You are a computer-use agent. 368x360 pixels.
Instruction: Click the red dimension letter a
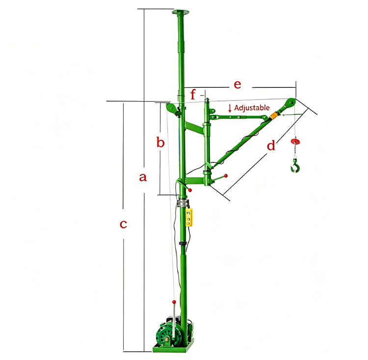click(x=143, y=178)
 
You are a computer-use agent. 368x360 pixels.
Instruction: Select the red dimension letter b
click(x=160, y=143)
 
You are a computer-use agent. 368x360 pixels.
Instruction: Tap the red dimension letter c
click(x=124, y=224)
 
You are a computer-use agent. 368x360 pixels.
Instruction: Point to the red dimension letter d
click(x=271, y=146)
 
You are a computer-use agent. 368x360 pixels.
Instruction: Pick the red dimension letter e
click(x=237, y=84)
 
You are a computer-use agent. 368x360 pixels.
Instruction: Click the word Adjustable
click(x=252, y=107)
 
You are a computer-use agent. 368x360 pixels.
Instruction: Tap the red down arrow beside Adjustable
click(x=230, y=107)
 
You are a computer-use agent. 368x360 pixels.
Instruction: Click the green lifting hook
click(x=294, y=166)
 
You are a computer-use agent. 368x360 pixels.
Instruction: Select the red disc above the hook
click(x=295, y=142)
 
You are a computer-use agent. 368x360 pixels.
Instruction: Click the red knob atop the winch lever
click(x=174, y=301)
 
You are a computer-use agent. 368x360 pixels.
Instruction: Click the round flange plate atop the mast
click(x=181, y=12)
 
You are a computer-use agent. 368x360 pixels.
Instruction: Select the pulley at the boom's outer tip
click(x=290, y=103)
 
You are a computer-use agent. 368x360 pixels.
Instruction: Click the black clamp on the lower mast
click(x=183, y=243)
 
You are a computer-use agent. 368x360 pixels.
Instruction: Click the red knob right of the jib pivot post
click(x=226, y=175)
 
